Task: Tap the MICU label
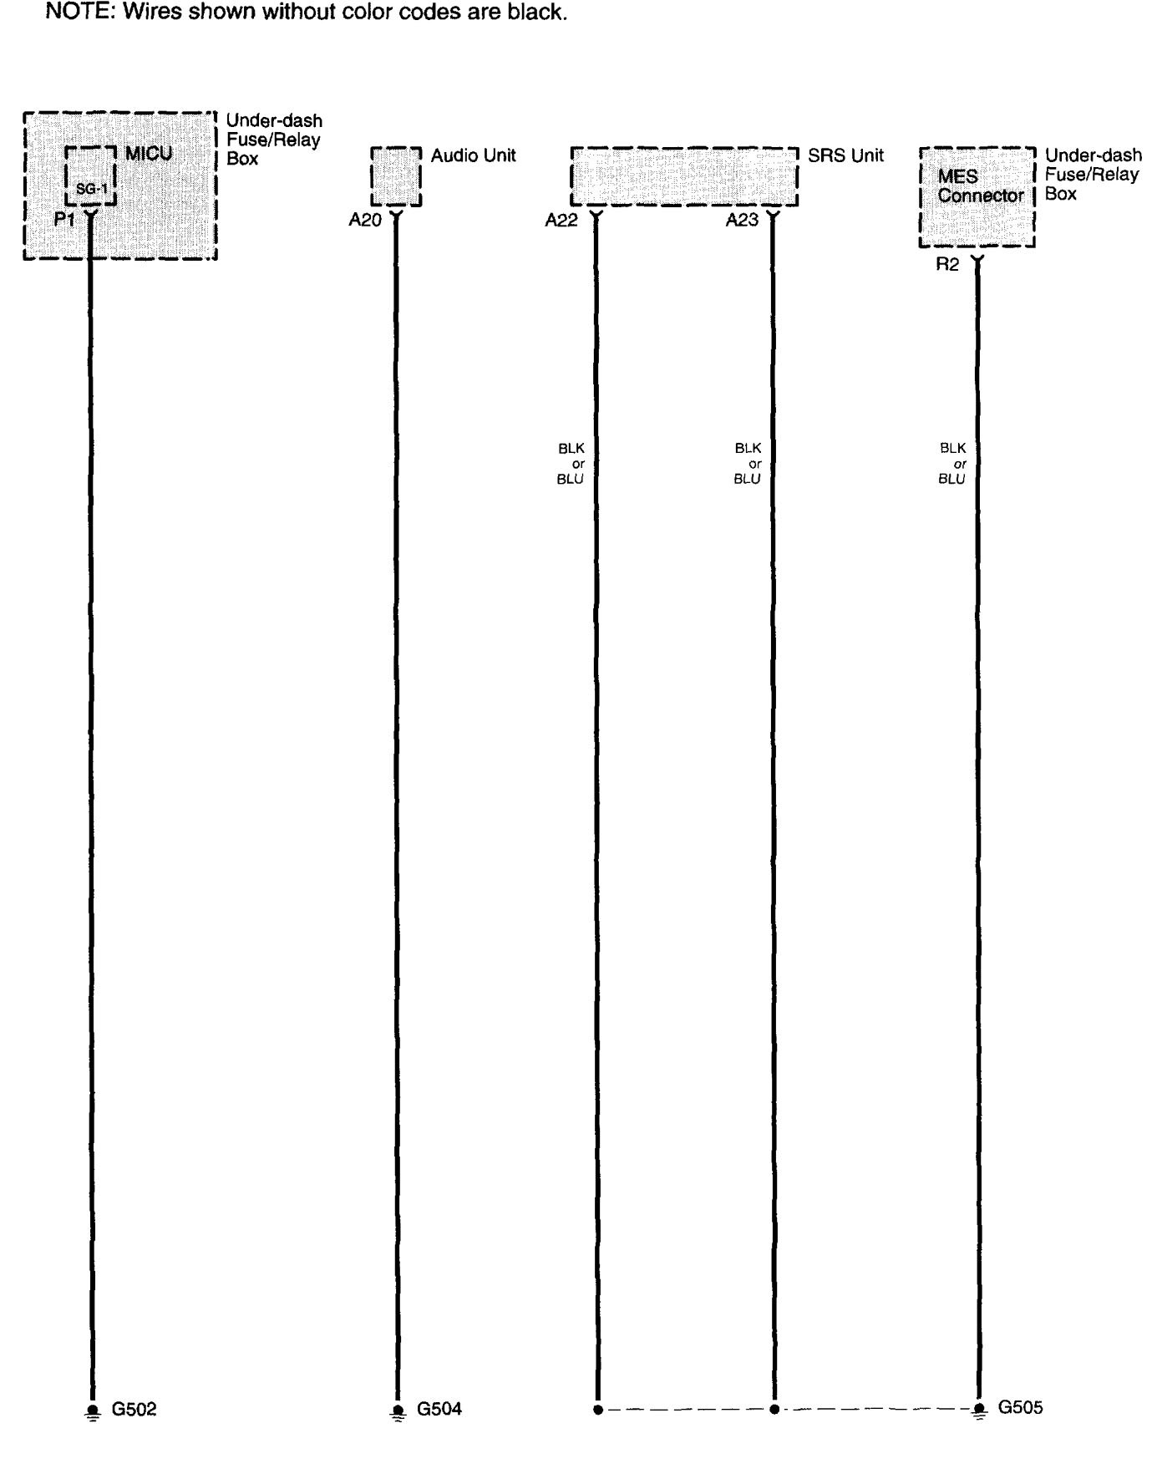point(149,155)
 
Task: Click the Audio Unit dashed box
point(395,177)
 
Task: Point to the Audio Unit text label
point(473,155)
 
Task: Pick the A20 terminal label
point(365,221)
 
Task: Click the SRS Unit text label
point(845,155)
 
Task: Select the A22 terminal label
point(561,221)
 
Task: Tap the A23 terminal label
point(742,221)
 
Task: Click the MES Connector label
point(980,186)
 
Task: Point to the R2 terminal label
point(947,266)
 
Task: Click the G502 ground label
point(134,1410)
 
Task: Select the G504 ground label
point(439,1410)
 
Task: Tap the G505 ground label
point(1021,1408)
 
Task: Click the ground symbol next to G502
point(92,1411)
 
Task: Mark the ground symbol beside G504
point(397,1411)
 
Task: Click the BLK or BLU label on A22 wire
point(571,464)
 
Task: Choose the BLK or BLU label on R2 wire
point(951,464)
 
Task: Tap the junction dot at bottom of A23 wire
point(774,1410)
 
